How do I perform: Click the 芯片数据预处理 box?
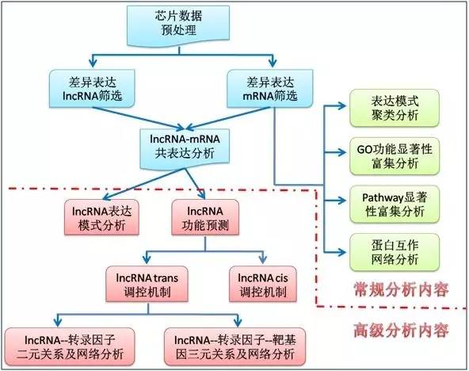point(178,25)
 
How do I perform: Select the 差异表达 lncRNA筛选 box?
point(92,89)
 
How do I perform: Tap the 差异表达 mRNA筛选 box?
point(270,89)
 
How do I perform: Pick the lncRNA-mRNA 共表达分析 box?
point(185,148)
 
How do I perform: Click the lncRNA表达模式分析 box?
point(101,217)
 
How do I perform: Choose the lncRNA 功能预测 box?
point(205,217)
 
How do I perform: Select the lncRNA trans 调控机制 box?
point(147,284)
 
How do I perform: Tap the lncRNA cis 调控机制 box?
point(263,284)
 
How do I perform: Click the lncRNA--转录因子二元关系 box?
point(70,346)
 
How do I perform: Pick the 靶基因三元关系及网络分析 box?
point(235,346)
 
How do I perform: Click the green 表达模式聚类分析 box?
point(395,108)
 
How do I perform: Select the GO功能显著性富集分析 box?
point(395,156)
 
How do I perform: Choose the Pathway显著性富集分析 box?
point(395,205)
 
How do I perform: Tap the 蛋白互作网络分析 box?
point(395,252)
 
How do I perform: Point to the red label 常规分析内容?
point(401,289)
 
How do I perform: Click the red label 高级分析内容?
point(401,331)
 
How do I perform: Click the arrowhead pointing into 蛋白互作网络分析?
point(342,252)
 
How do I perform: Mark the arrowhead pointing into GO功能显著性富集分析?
point(342,152)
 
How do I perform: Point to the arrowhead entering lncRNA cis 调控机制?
point(263,260)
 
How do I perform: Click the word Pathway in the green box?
point(379,197)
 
